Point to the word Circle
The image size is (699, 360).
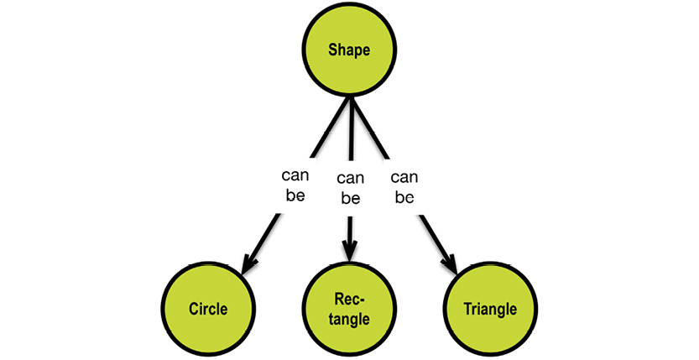point(208,308)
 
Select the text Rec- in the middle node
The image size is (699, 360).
point(349,299)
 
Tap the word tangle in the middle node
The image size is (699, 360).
point(349,319)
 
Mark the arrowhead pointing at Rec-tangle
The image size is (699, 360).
point(349,252)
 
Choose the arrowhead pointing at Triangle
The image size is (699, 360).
point(451,265)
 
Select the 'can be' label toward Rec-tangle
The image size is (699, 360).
point(350,188)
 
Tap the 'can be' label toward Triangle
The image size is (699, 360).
point(404,187)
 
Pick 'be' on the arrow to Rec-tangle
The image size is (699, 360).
point(350,199)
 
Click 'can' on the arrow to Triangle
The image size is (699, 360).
point(404,177)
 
